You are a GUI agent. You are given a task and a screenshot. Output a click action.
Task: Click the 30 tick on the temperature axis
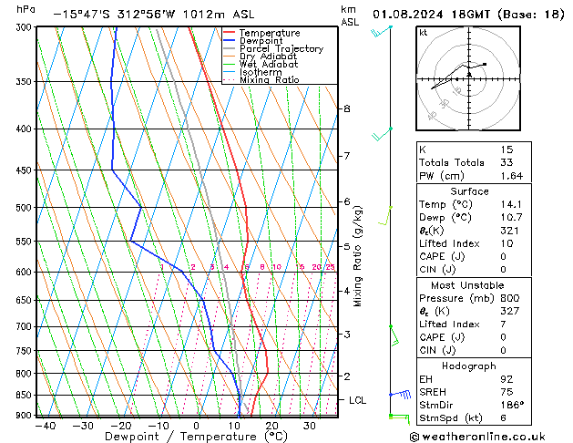point(310,426)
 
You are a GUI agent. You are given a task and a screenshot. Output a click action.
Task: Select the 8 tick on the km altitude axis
point(347,108)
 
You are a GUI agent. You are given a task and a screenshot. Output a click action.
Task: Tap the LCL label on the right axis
point(358,400)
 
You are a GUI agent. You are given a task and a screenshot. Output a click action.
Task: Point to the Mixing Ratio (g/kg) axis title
point(358,256)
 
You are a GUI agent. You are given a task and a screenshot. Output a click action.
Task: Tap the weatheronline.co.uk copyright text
point(483,437)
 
